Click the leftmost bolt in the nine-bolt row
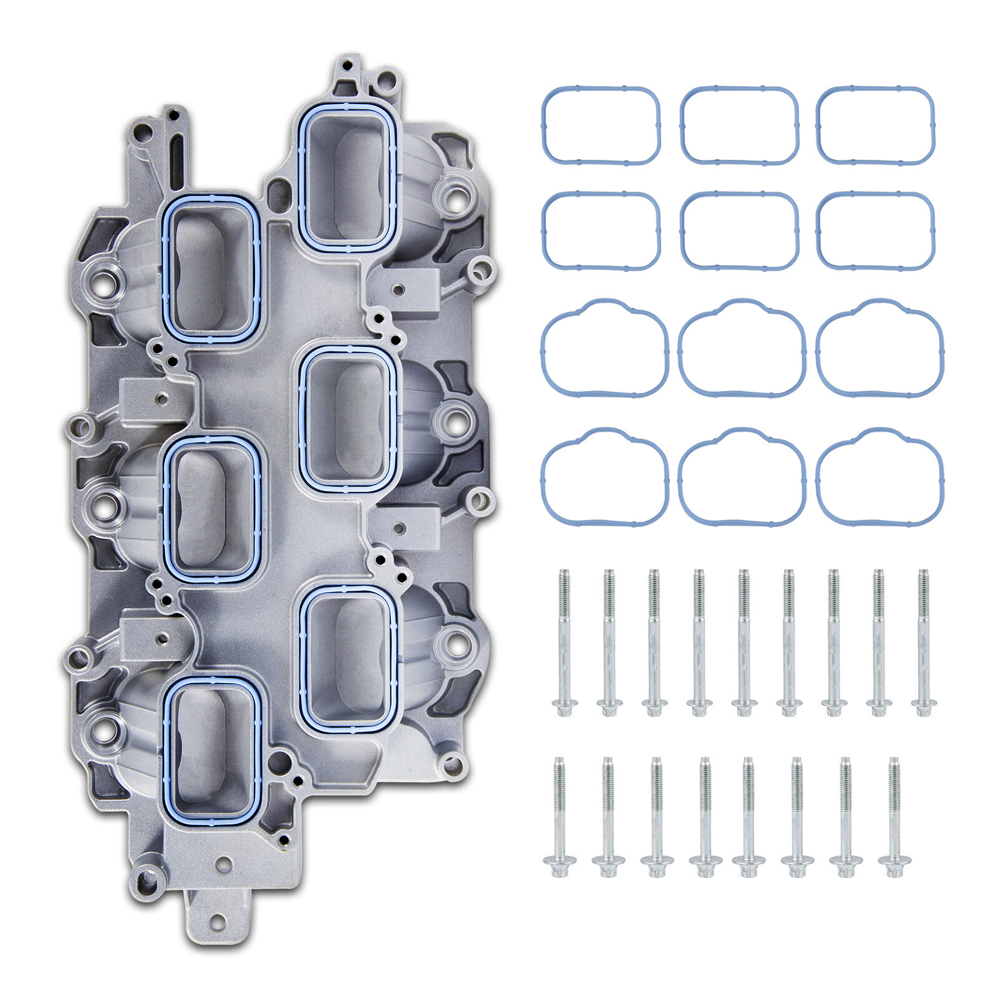564,642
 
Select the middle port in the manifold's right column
347,418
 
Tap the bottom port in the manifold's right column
347,659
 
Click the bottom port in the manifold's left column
210,752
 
